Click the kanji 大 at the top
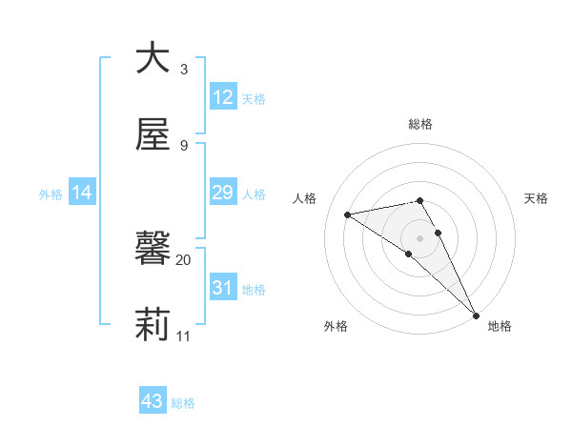coord(153,57)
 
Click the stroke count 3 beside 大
coord(184,69)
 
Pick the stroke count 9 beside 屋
coord(184,145)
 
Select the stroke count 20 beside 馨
coord(184,259)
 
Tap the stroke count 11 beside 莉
coord(184,336)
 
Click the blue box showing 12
coord(223,97)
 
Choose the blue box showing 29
coord(223,193)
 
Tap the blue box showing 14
coord(82,193)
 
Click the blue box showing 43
coord(153,401)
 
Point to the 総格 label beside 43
coord(184,403)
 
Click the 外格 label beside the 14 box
coord(51,194)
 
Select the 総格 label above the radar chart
coord(420,124)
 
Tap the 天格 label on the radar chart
coord(536,198)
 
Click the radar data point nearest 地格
coord(476,315)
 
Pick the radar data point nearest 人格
coord(348,214)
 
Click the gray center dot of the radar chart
coord(420,237)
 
